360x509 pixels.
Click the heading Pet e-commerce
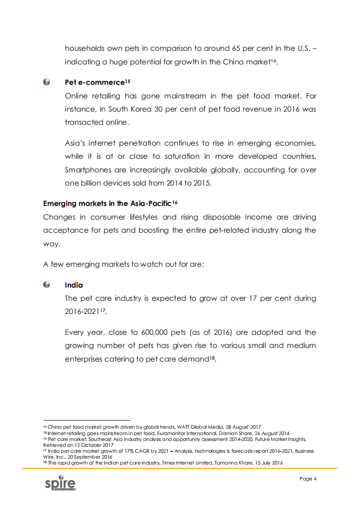click(94, 83)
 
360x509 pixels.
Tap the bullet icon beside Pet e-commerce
click(47, 82)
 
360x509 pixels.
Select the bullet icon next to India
click(47, 285)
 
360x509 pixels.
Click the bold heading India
click(74, 285)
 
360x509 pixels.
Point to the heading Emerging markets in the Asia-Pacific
click(107, 204)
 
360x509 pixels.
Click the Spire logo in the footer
click(60, 484)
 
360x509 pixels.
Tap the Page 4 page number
click(308, 479)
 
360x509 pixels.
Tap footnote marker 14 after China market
click(274, 61)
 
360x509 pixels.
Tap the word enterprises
click(86, 359)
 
